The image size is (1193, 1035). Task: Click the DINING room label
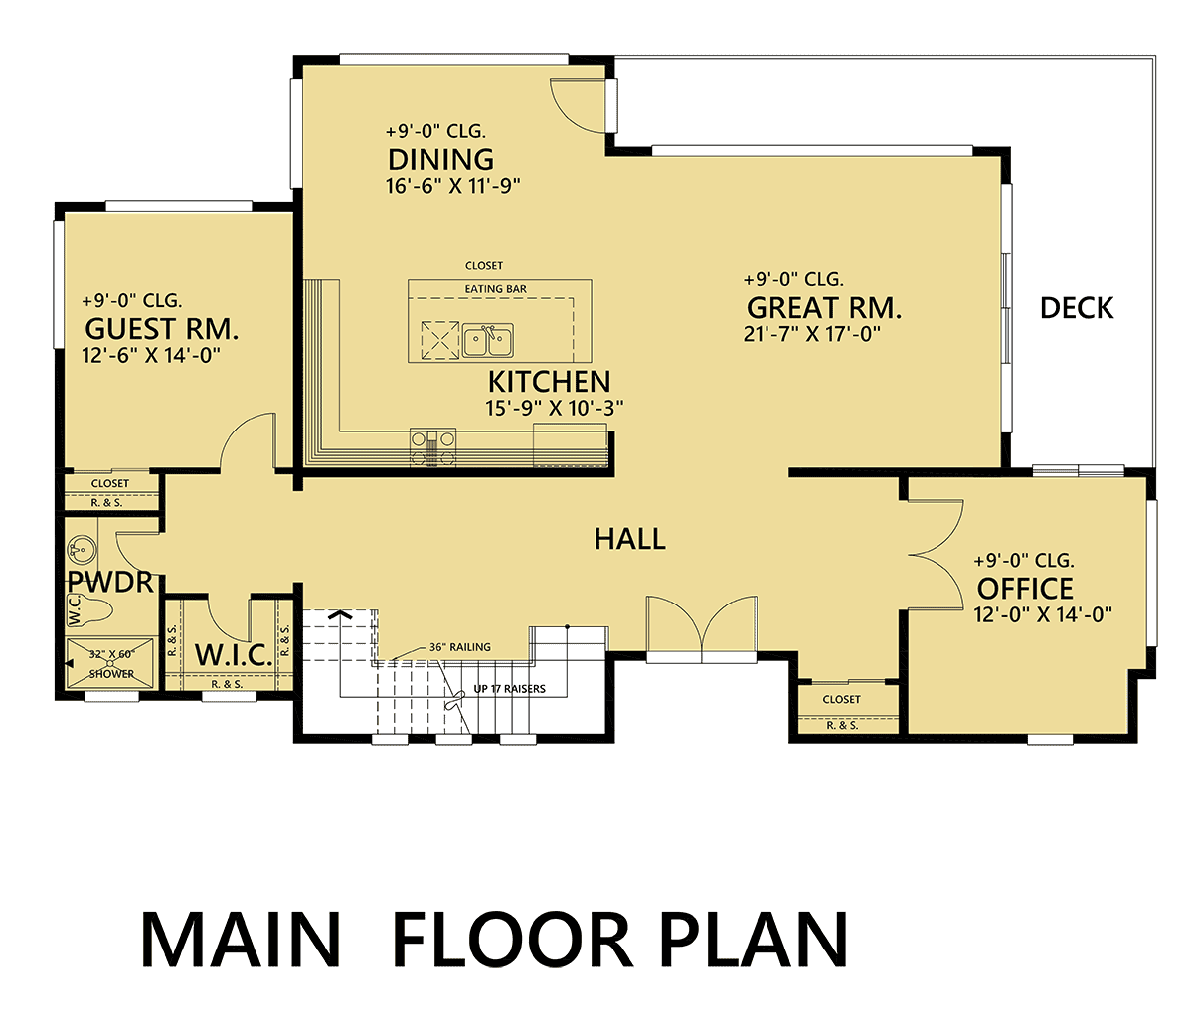click(440, 160)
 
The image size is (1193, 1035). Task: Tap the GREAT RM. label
click(824, 308)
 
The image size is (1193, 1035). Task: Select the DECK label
click(1077, 308)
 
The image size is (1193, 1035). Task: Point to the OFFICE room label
click(1024, 589)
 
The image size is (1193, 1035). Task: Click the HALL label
click(629, 539)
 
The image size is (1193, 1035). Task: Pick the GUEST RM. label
click(161, 329)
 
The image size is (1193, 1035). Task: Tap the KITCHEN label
click(549, 382)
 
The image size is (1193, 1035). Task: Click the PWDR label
click(110, 582)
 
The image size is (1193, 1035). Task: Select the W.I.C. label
click(234, 655)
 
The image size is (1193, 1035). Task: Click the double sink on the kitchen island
click(488, 341)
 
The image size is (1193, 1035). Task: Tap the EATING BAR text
click(496, 289)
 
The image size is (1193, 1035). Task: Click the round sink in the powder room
click(82, 549)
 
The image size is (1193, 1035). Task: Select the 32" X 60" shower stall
click(110, 664)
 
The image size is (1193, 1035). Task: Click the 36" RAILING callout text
click(460, 647)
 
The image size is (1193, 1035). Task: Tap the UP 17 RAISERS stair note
click(510, 689)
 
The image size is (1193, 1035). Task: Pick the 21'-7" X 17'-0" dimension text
click(811, 334)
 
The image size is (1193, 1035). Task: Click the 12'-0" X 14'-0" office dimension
click(1043, 614)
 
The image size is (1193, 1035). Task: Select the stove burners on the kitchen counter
click(432, 447)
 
